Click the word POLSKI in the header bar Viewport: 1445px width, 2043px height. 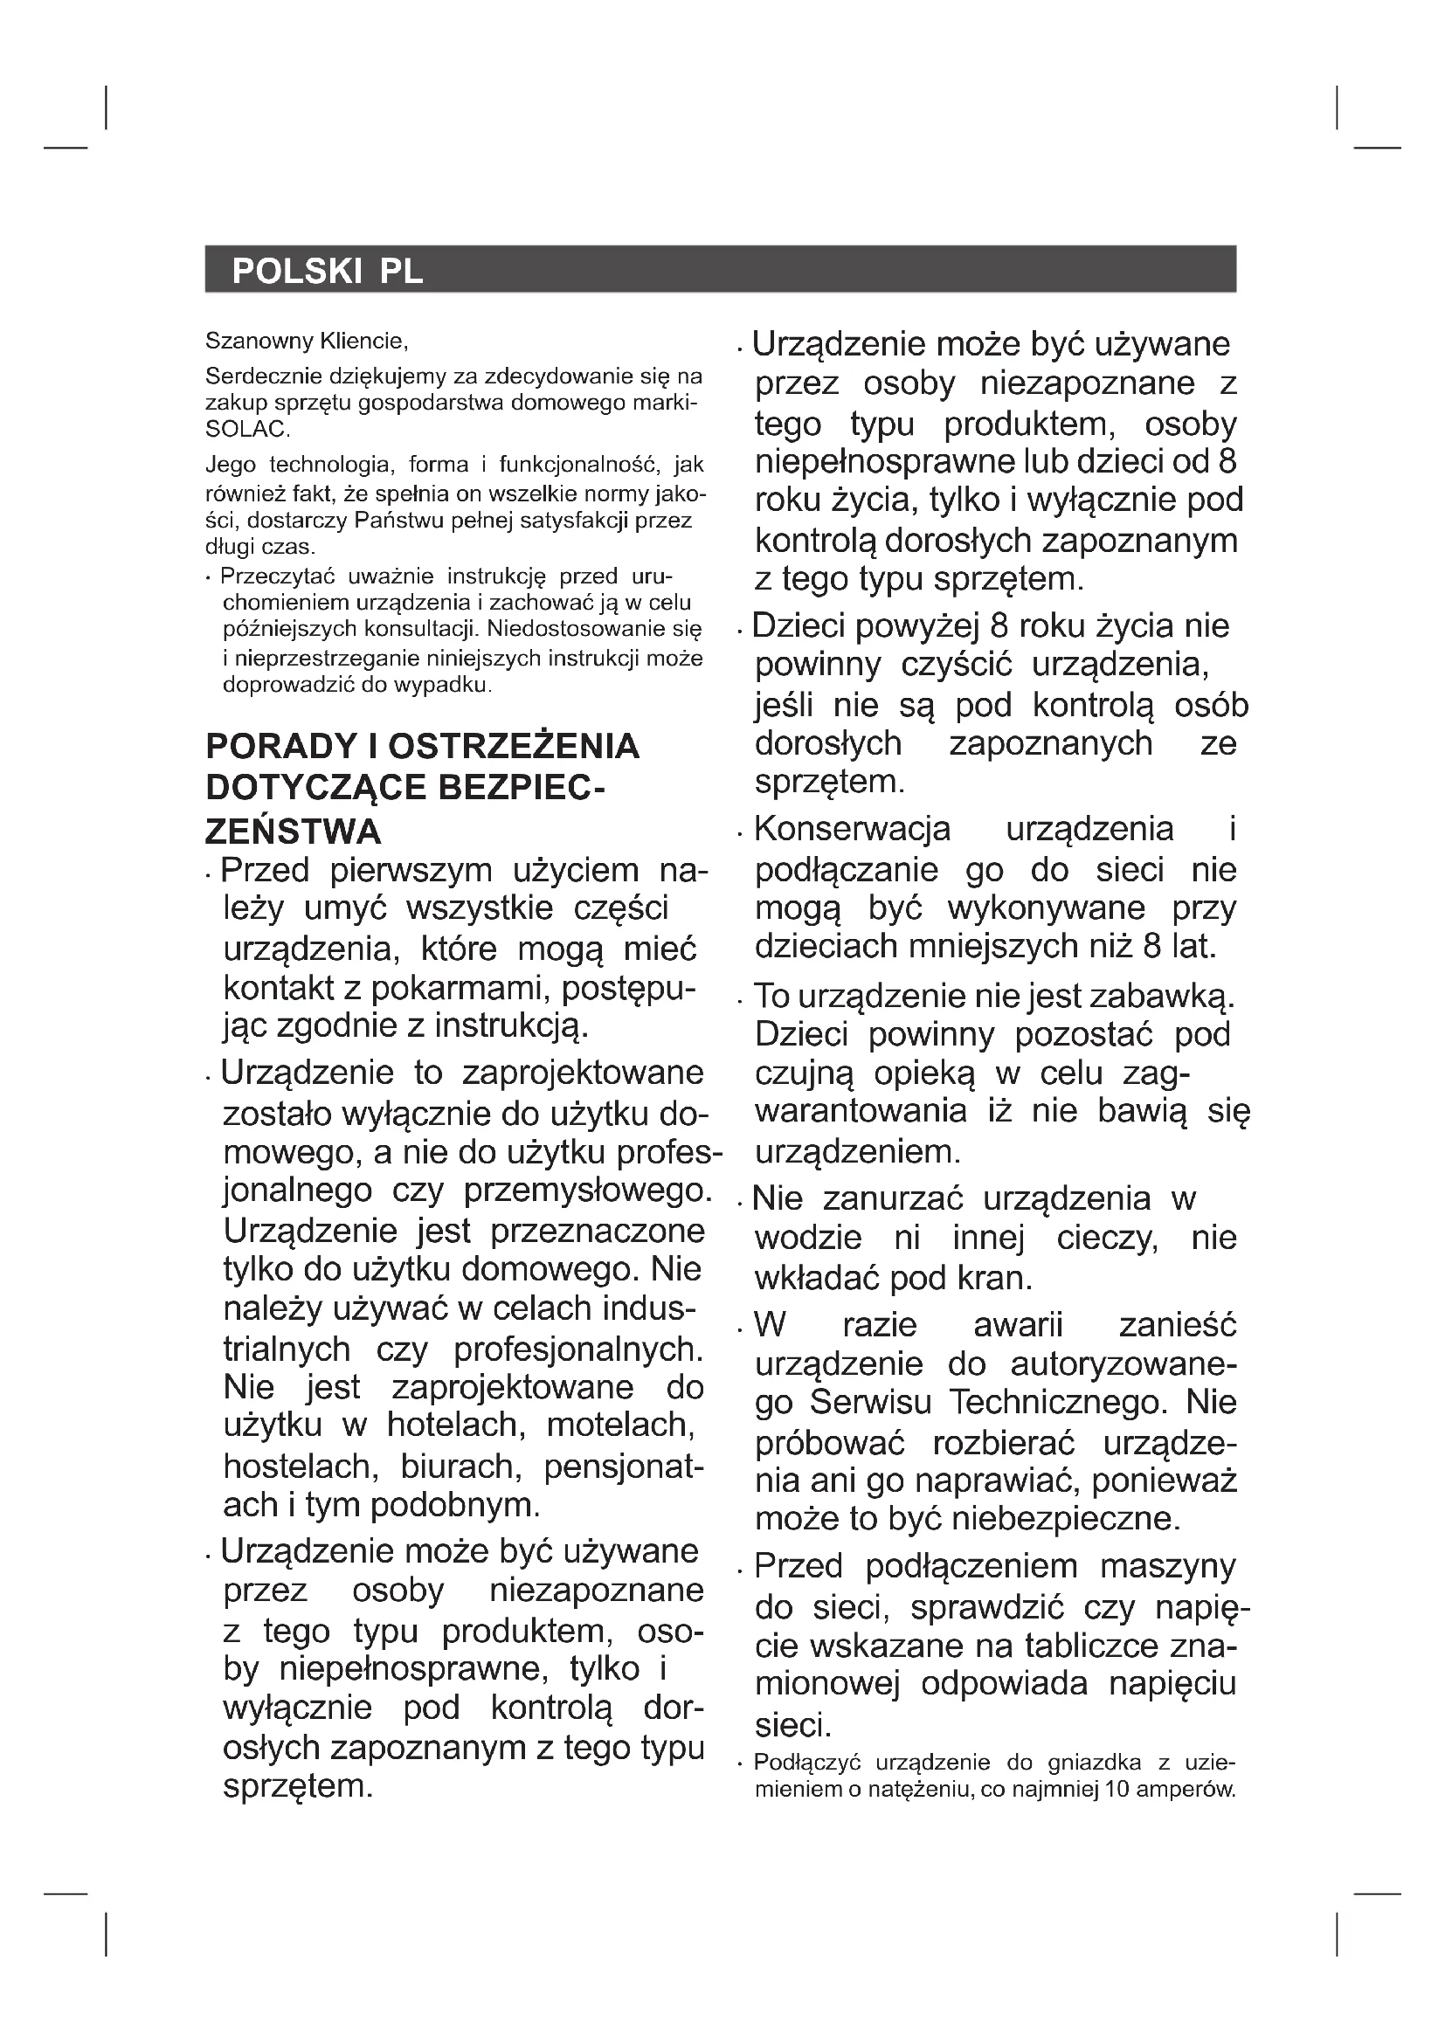(x=295, y=271)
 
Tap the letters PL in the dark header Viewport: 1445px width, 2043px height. (x=401, y=271)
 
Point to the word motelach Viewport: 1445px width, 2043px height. (x=620, y=1425)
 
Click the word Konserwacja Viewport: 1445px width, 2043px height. (x=852, y=829)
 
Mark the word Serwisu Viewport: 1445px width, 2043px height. (x=870, y=1404)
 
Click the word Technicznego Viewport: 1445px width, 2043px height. (x=1056, y=1404)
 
